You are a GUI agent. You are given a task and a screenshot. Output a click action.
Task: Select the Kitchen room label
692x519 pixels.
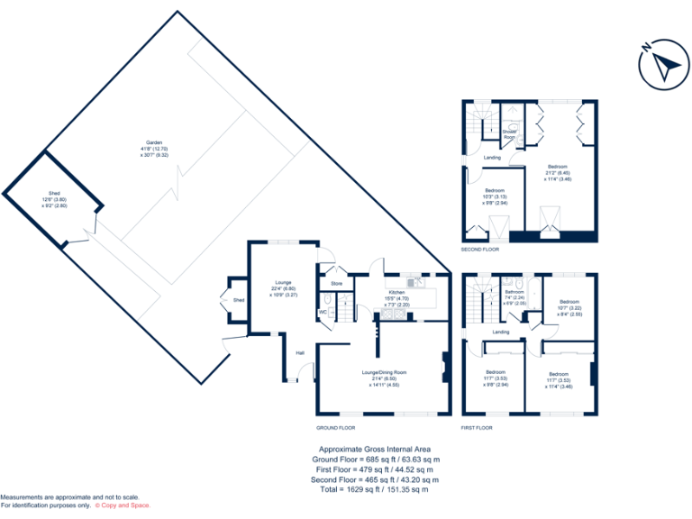pos(396,293)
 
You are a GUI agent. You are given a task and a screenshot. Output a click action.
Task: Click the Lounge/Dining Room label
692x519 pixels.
pos(384,372)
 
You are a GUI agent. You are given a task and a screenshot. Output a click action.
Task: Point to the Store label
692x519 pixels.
pos(337,284)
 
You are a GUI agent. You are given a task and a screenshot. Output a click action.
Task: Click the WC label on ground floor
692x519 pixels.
pos(322,312)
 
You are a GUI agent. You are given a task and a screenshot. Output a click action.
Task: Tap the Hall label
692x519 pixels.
pos(300,352)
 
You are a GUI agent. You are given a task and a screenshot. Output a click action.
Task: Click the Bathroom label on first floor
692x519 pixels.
pos(514,292)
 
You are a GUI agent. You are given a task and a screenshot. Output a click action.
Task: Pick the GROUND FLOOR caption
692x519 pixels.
pos(335,428)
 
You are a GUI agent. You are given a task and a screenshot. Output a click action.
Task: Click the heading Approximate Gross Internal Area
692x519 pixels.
pos(375,449)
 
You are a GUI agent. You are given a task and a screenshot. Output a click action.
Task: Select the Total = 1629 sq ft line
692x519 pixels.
pos(375,489)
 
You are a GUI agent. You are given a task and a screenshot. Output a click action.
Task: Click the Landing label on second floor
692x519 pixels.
pos(492,158)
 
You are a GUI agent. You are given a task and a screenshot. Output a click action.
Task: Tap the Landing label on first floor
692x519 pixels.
pos(501,332)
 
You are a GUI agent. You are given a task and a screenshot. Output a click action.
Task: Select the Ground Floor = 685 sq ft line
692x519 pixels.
pos(375,459)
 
